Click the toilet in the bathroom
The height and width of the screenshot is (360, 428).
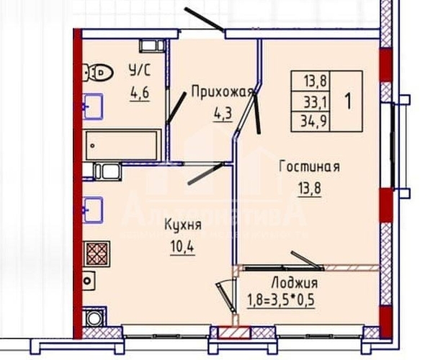click(x=98, y=71)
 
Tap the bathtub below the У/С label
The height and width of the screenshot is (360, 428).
click(x=120, y=145)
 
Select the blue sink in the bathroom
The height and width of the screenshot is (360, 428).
click(x=92, y=106)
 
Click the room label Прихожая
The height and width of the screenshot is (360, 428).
click(x=223, y=91)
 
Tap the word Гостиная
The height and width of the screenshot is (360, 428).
click(x=309, y=167)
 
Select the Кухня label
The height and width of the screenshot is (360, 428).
click(x=182, y=226)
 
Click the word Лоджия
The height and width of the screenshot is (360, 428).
click(x=295, y=283)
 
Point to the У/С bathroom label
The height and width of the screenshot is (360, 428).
click(x=139, y=71)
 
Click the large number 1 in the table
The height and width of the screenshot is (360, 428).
click(x=349, y=101)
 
